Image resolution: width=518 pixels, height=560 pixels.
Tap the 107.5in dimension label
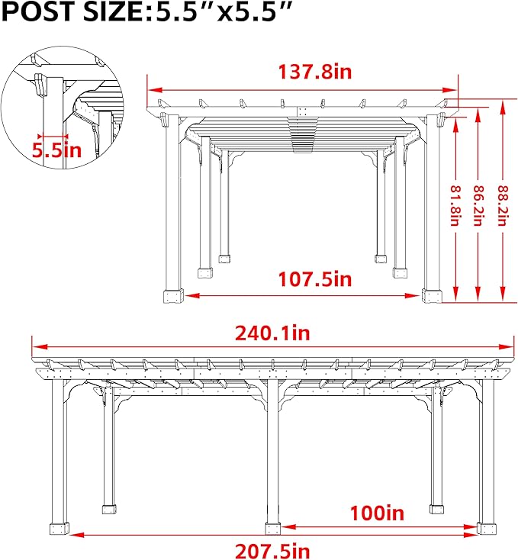(303, 279)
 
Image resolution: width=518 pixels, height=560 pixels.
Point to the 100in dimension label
(378, 512)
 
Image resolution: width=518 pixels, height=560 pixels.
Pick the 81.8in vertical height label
(455, 206)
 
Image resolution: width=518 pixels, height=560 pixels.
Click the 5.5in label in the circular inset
(56, 149)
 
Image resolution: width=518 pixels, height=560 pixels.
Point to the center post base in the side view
(272, 527)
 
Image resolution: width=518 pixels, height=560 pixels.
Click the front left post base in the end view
(173, 296)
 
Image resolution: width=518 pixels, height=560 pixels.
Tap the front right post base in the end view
(432, 296)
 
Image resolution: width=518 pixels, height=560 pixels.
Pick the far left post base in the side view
(59, 527)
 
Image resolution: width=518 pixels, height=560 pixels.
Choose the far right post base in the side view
(485, 527)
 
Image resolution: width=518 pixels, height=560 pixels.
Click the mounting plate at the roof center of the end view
(304, 111)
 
